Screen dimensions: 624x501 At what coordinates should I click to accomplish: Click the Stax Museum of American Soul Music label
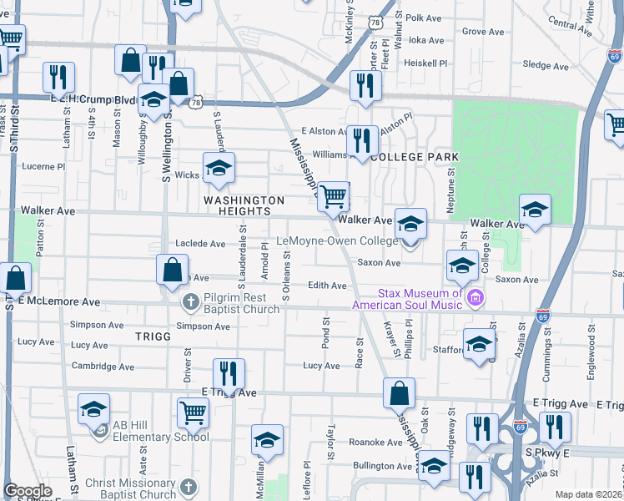[x=420, y=299]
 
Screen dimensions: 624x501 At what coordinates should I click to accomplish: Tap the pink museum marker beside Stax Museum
[x=476, y=297]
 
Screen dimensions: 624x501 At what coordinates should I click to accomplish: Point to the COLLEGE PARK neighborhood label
[x=415, y=157]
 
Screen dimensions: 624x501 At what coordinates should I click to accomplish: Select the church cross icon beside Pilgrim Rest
[x=189, y=301]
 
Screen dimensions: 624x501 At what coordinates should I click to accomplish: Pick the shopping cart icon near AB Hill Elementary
[x=193, y=411]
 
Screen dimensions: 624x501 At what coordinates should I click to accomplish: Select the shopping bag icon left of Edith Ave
[x=171, y=270]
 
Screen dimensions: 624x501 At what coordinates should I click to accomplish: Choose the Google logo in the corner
[x=28, y=491]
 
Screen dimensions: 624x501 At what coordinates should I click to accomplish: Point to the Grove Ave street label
[x=483, y=32]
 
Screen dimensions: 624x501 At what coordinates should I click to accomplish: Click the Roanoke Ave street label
[x=370, y=443]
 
